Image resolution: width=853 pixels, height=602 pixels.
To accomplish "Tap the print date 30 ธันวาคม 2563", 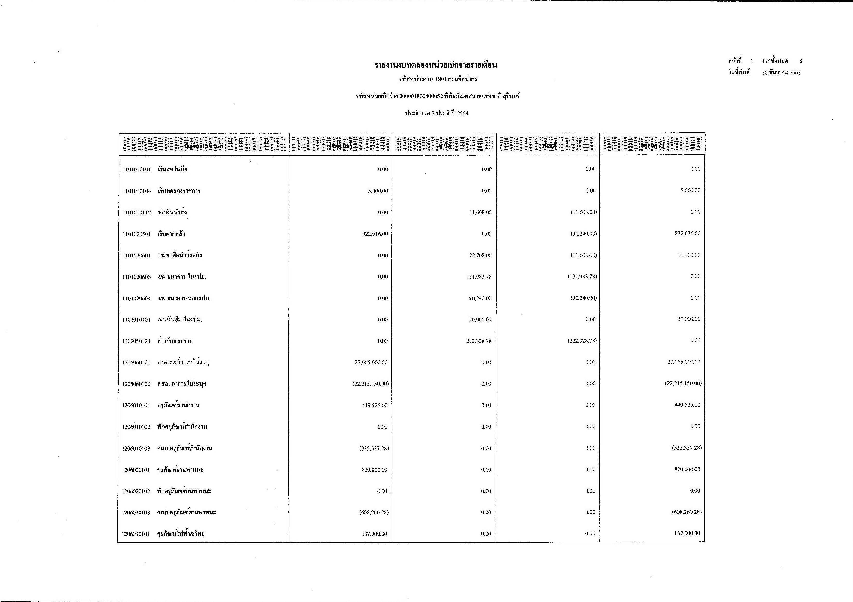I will [781, 73].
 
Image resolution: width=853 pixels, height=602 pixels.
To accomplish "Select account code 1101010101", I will [136, 170].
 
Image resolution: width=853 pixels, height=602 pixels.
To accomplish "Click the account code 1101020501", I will [136, 234].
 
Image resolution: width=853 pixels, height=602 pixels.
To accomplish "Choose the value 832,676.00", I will [687, 234].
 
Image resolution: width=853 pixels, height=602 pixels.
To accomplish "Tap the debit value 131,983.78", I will [479, 277].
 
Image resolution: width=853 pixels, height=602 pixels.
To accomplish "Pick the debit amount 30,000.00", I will [480, 319].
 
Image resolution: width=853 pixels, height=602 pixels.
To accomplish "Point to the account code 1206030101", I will [136, 534].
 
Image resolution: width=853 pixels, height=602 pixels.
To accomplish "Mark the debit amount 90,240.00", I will [480, 298].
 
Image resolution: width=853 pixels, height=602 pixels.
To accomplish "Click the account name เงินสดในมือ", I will [172, 169].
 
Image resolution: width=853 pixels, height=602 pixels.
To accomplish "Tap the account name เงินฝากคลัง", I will [171, 234].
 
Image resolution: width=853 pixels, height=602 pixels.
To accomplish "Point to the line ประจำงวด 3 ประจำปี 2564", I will [436, 113].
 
